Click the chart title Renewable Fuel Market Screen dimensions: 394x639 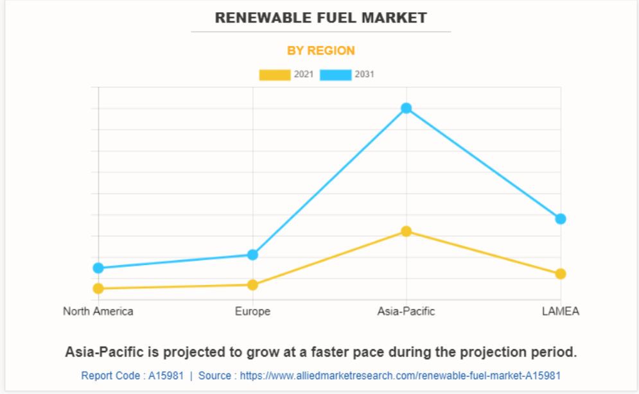[320, 17]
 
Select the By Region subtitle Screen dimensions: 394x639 [320, 51]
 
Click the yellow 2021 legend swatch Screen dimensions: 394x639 [274, 75]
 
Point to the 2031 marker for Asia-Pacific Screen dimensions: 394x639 [407, 108]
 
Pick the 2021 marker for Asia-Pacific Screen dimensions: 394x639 [407, 231]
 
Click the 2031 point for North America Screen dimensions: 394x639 [98, 268]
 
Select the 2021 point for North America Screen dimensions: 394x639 [98, 289]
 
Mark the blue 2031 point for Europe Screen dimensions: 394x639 [252, 255]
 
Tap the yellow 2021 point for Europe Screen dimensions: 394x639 [252, 285]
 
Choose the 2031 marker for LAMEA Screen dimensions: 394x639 [561, 219]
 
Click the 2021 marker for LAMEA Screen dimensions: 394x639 [561, 274]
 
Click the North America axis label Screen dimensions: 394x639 [98, 311]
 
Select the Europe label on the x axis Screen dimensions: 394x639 [252, 311]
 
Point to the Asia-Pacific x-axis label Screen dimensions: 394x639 [407, 311]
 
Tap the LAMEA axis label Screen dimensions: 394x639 [561, 311]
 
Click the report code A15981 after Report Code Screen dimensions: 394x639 [166, 375]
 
